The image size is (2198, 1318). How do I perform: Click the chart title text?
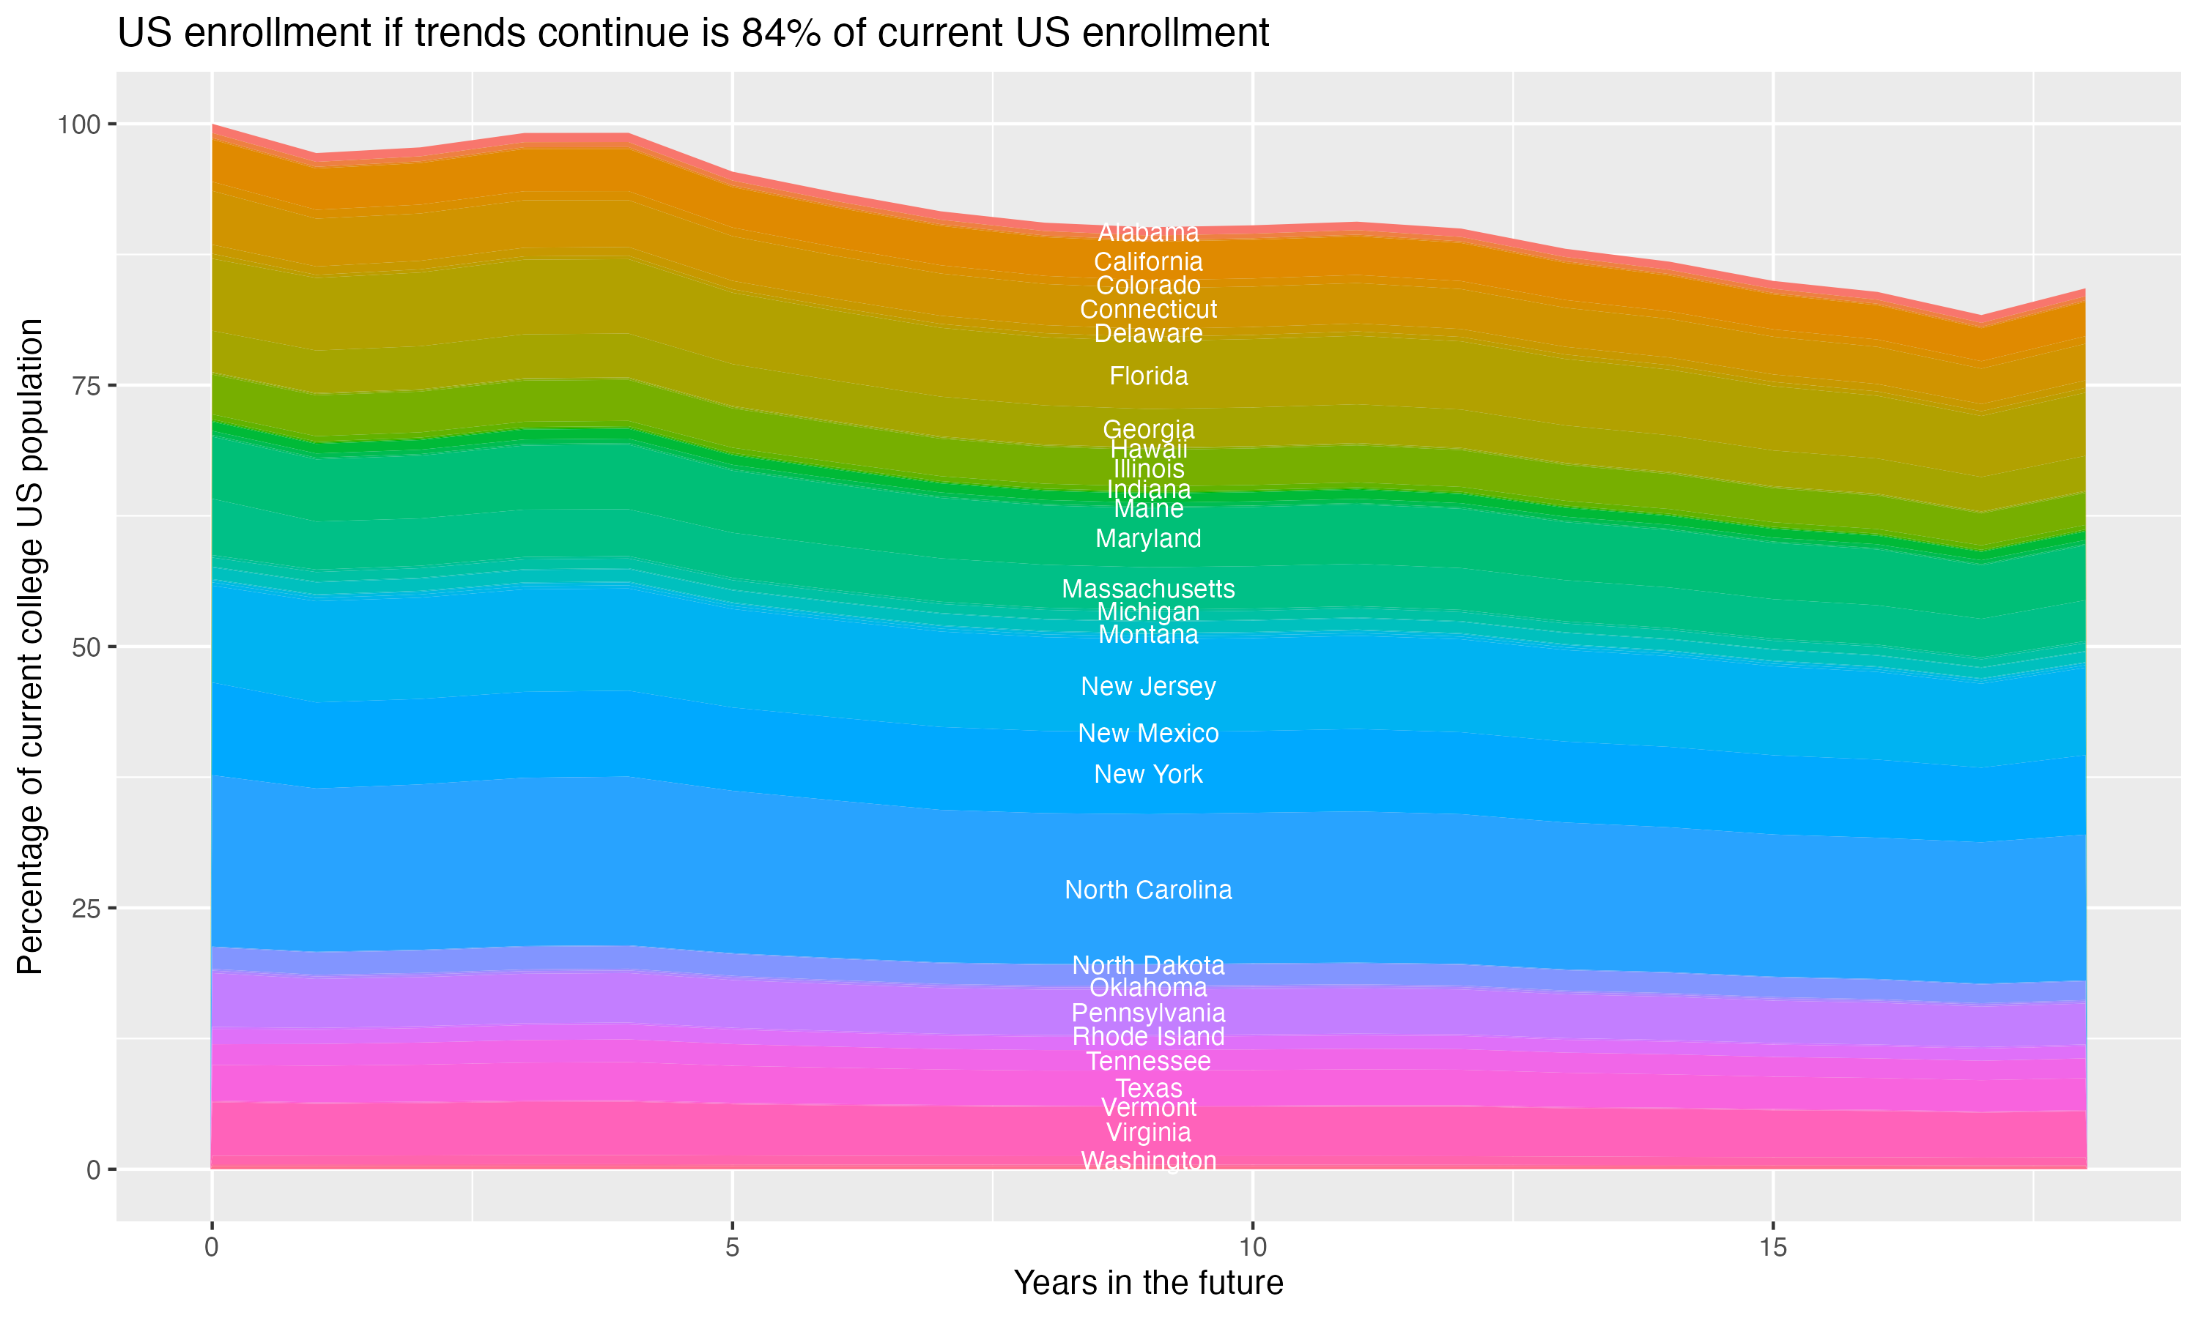(x=693, y=34)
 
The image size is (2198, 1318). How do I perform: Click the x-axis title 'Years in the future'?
(x=1148, y=1282)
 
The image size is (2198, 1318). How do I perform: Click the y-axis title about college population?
(x=30, y=646)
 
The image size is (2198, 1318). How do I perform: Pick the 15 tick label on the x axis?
(x=1772, y=1248)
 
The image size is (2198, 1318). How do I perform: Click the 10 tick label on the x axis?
(x=1252, y=1248)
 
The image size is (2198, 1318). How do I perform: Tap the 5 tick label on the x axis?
(x=732, y=1248)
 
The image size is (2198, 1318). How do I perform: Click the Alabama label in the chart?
(x=1148, y=233)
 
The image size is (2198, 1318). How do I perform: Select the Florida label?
(x=1148, y=376)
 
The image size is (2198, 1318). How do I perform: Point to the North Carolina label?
(x=1148, y=890)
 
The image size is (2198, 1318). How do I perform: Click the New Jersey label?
(x=1148, y=687)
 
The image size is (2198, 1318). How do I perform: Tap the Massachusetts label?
(x=1148, y=589)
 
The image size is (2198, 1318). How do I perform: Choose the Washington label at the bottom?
(x=1148, y=1161)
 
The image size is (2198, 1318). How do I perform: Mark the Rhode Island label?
(x=1148, y=1036)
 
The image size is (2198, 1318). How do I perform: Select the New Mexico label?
(x=1148, y=734)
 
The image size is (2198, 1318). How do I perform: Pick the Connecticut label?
(x=1148, y=310)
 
